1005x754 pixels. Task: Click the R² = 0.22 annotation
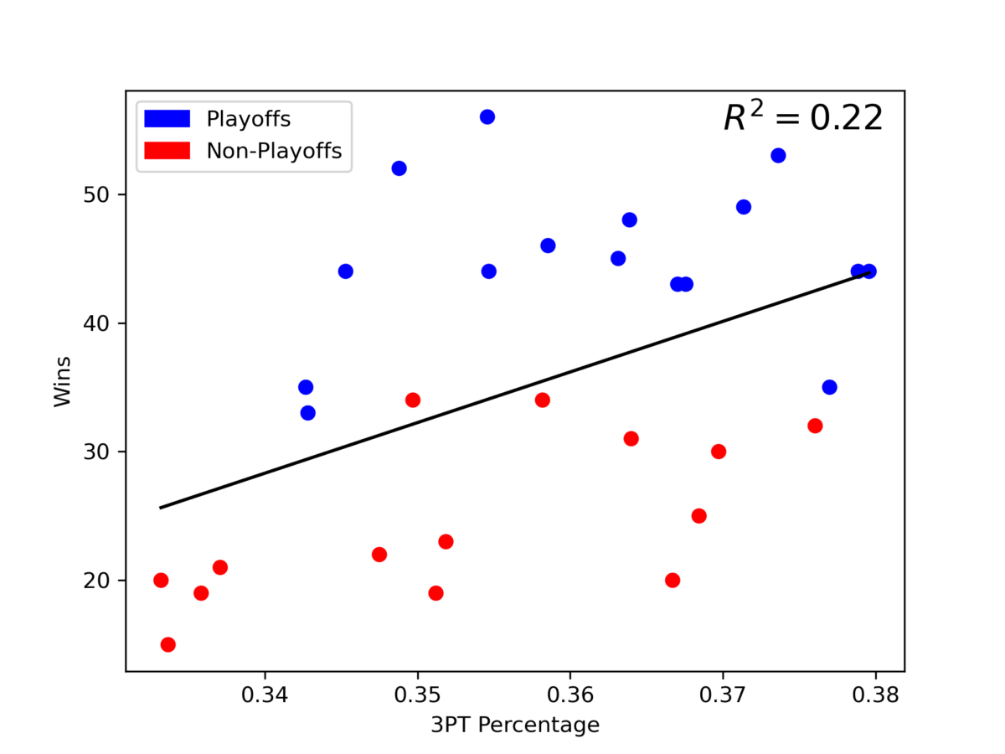(803, 118)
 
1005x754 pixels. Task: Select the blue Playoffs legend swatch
(167, 119)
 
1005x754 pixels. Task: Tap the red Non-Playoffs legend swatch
(167, 150)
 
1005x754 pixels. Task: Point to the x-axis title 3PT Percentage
(515, 725)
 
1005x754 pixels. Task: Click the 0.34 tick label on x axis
(265, 695)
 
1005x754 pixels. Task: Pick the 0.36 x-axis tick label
(570, 695)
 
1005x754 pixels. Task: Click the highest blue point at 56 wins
(487, 116)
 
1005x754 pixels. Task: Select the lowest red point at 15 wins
(167, 644)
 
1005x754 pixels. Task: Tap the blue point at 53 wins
(778, 155)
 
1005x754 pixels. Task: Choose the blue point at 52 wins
(399, 168)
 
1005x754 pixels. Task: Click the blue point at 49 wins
(744, 207)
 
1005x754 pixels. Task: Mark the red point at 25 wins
(698, 515)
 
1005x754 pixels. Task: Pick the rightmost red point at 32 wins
(815, 426)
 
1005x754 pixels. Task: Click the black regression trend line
(515, 390)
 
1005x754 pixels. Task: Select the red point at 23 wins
(446, 541)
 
